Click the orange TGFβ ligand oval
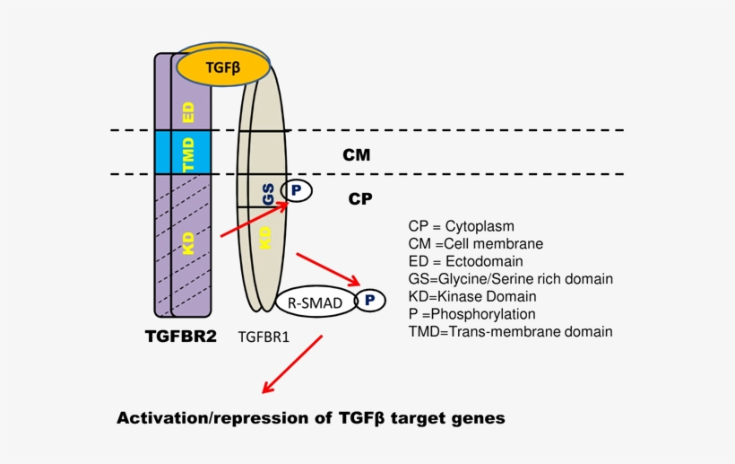[x=223, y=67]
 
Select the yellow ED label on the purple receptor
[x=189, y=112]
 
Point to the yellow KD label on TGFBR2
[x=189, y=244]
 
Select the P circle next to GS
[x=297, y=190]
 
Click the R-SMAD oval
[x=315, y=303]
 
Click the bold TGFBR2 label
[x=180, y=337]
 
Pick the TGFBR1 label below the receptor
[x=269, y=338]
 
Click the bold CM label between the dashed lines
[x=356, y=155]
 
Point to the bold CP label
[x=359, y=199]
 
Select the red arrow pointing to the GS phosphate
[x=254, y=222]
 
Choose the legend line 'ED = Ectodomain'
[x=471, y=261]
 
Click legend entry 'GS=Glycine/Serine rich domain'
[x=510, y=279]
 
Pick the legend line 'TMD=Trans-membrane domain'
[x=510, y=331]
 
